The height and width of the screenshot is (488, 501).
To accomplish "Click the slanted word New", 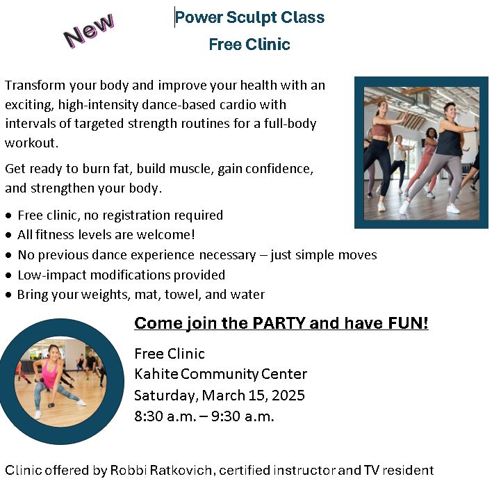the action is [89, 31].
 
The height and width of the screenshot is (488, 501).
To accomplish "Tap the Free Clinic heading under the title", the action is [249, 44].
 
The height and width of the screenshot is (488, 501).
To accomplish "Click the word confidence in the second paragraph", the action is [279, 169].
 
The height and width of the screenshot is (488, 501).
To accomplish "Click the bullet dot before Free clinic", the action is [8, 215].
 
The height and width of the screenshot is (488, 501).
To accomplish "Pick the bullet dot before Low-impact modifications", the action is [8, 275].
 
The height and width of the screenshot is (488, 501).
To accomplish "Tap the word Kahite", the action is [156, 374].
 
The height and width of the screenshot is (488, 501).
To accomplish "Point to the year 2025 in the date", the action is [288, 396].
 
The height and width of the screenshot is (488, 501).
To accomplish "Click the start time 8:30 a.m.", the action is [165, 416].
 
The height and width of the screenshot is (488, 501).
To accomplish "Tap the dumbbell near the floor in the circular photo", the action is [51, 405].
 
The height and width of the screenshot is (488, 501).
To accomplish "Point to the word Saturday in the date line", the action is [167, 396].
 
